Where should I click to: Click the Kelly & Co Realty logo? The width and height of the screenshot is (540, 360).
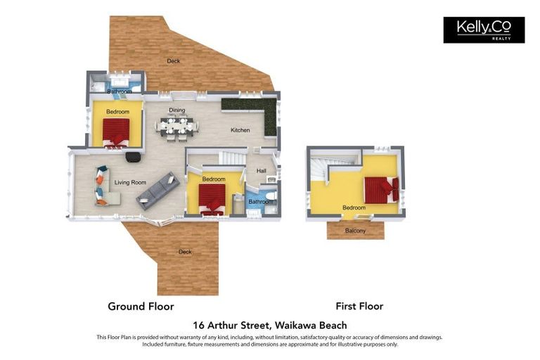484,30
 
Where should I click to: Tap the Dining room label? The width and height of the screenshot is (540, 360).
176,110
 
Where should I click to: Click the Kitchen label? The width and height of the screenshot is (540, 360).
240,130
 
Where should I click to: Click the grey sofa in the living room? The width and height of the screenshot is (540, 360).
158,190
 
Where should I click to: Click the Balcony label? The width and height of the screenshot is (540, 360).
355,231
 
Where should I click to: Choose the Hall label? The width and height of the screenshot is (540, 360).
261,171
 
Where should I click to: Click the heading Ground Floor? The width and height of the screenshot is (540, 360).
141,306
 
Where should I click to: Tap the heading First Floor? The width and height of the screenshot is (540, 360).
359,306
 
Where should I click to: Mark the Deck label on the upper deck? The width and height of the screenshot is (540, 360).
173,61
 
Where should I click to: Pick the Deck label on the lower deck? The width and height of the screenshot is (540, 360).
185,252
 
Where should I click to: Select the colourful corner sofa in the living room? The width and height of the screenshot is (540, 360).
103,186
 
